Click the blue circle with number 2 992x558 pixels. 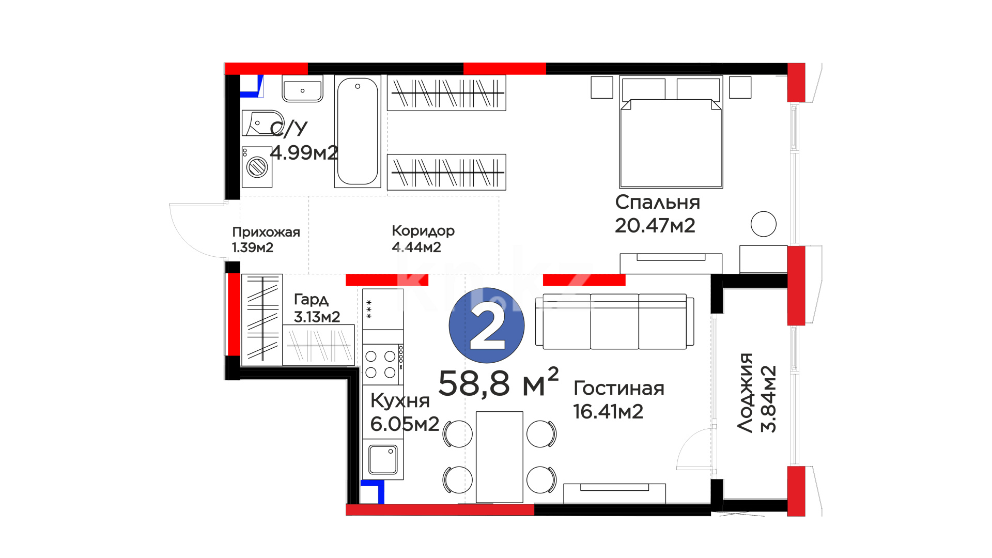487,326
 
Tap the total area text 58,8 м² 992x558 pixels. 499,383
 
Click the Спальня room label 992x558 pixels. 657,202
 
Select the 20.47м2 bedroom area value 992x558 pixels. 655,225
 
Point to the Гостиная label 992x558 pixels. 619,388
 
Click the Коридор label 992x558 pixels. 423,231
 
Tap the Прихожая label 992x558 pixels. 266,232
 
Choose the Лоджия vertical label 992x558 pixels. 745,393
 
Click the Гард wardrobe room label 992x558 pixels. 311,300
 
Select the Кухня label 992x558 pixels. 400,400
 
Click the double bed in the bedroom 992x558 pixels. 671,132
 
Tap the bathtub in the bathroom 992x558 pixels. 358,131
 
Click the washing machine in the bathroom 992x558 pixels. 257,167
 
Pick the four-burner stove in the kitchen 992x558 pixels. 383,364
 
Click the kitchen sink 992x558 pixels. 383,459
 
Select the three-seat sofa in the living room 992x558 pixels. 615,321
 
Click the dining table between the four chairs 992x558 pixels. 500,457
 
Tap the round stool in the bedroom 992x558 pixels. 764,224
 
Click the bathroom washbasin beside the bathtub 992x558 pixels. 303,89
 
